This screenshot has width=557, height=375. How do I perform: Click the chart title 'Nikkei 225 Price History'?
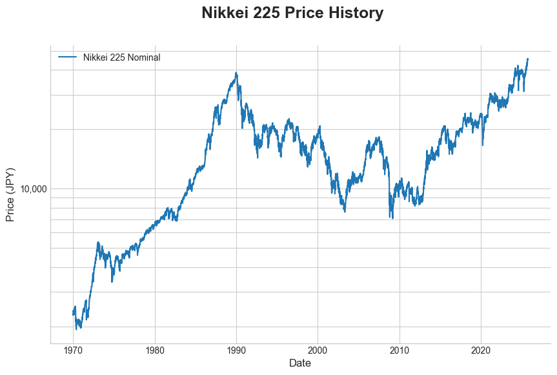pyautogui.click(x=292, y=13)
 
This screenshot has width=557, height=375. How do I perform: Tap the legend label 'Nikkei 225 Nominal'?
pyautogui.click(x=121, y=57)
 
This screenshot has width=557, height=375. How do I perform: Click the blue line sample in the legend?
pyautogui.click(x=68, y=57)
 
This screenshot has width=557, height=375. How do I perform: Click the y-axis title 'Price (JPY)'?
pyautogui.click(x=10, y=194)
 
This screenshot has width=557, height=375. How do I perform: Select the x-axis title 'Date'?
pyautogui.click(x=300, y=363)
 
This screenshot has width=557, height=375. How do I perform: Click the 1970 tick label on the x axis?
pyautogui.click(x=73, y=351)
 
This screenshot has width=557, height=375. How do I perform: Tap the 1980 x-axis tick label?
pyautogui.click(x=155, y=351)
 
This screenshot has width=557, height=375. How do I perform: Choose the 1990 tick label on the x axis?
pyautogui.click(x=236, y=351)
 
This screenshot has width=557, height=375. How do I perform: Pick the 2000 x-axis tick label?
pyautogui.click(x=318, y=351)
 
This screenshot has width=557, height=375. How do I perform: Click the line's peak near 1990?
pyautogui.click(x=236, y=73)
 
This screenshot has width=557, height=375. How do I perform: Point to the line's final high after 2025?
pyautogui.click(x=527, y=59)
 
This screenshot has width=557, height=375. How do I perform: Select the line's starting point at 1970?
pyautogui.click(x=73, y=314)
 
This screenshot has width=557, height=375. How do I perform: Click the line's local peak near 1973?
pyautogui.click(x=98, y=243)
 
